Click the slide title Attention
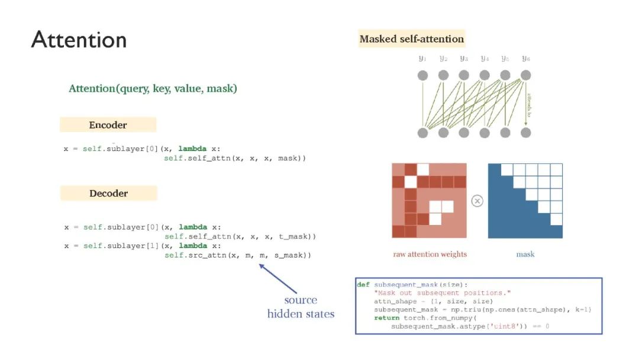pos(79,40)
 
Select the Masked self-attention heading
pos(411,39)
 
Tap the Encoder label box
pos(108,125)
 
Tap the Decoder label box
pos(108,193)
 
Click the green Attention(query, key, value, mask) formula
pos(153,88)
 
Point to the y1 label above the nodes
pos(422,59)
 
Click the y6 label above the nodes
pos(525,59)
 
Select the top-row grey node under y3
pos(464,75)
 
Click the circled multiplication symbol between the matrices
pos(477,201)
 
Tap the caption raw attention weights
pos(430,254)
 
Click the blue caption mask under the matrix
pos(525,254)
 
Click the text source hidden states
pos(301,307)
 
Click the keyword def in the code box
pos(363,285)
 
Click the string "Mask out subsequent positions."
pos(442,293)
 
